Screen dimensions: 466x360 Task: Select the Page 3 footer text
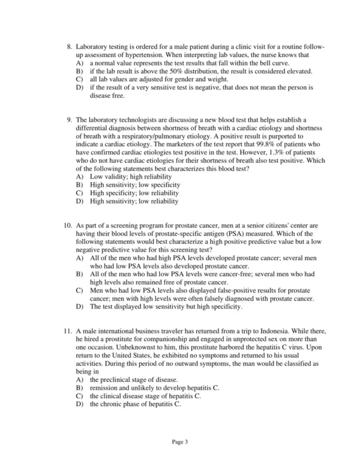pyautogui.click(x=180, y=441)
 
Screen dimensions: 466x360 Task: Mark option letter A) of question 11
pyautogui.click(x=79, y=380)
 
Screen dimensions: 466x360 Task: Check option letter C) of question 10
pyautogui.click(x=79, y=291)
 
